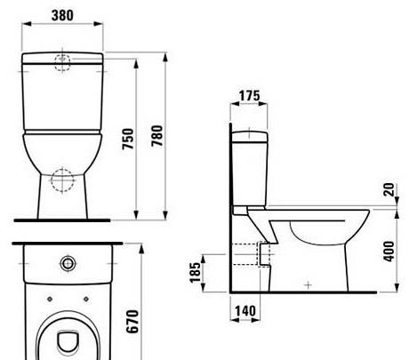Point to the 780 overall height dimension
[x=158, y=135]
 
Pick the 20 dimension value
[x=389, y=190]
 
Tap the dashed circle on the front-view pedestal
[x=61, y=179]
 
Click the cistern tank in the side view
[x=248, y=169]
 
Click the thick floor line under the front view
[x=61, y=219]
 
